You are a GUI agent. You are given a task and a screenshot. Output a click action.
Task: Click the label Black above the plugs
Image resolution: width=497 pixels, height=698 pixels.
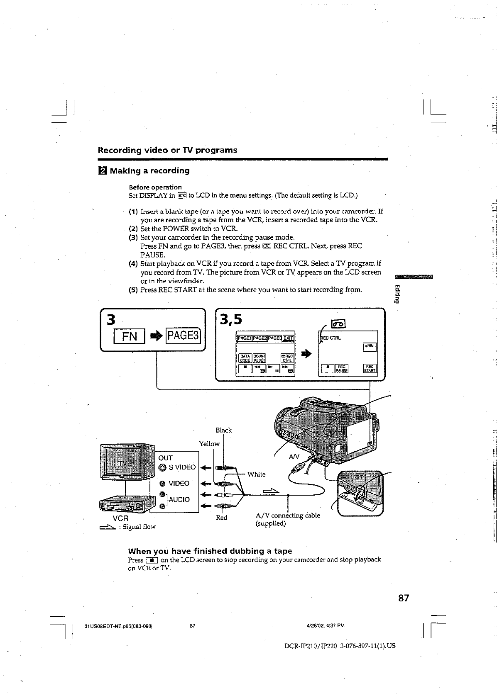[223, 430]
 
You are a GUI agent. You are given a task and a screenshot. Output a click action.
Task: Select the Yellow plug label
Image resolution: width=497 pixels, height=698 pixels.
[209, 444]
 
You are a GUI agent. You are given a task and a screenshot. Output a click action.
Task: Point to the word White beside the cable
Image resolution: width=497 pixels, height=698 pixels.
[256, 474]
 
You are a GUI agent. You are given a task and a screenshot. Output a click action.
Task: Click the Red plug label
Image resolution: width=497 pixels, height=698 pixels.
[222, 518]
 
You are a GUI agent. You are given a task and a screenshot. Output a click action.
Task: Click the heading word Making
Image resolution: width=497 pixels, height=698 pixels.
[128, 170]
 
